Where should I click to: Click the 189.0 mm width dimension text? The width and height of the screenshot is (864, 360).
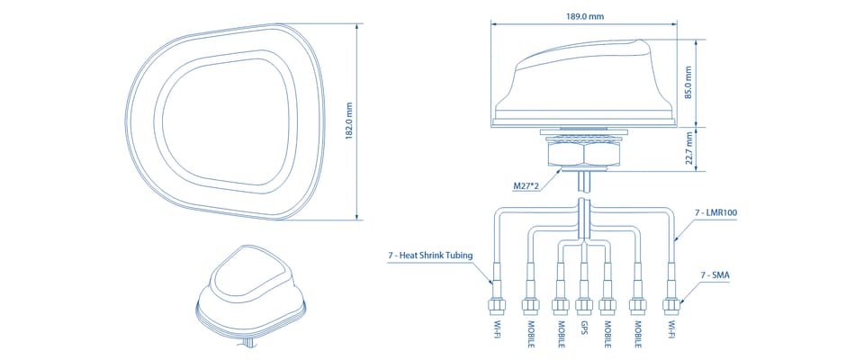pos(584,16)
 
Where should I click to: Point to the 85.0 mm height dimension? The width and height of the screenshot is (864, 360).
pos(688,83)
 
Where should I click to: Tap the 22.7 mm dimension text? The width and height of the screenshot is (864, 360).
pos(688,148)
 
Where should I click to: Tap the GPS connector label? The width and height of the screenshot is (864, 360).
pos(583,328)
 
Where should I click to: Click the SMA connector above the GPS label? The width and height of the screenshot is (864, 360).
pos(583,304)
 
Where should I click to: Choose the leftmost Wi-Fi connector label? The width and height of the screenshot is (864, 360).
pos(498,329)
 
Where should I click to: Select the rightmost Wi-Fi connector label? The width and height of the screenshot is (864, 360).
pos(671,329)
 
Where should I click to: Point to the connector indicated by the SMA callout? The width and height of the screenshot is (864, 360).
pos(671,304)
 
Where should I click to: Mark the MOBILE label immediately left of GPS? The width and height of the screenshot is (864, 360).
pos(561,335)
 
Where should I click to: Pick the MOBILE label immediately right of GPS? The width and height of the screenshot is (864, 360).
pos(607,335)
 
